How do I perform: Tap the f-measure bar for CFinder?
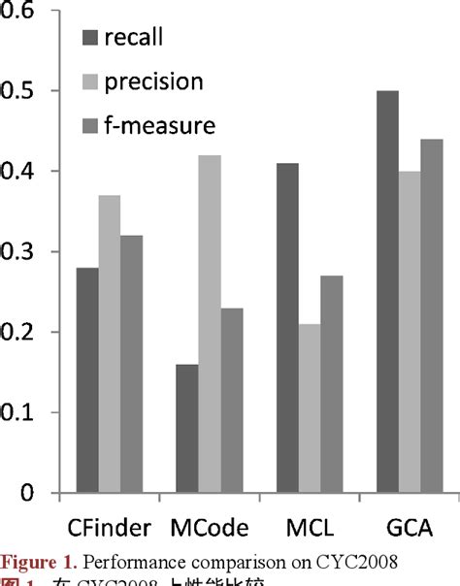131,364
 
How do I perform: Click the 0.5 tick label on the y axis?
22,91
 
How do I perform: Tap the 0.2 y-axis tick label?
22,333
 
